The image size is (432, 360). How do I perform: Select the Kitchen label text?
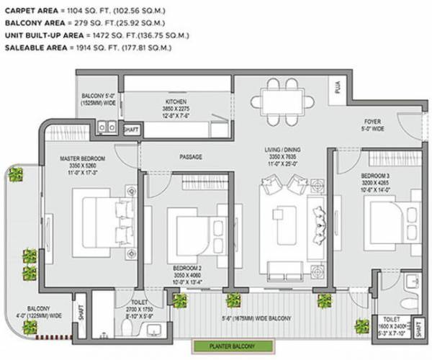tap(176, 102)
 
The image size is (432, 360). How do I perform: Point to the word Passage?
tap(190, 156)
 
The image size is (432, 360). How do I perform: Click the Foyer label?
tap(372, 122)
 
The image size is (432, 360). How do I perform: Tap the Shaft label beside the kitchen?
tap(131, 130)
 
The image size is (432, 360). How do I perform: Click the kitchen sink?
tap(107, 127)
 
